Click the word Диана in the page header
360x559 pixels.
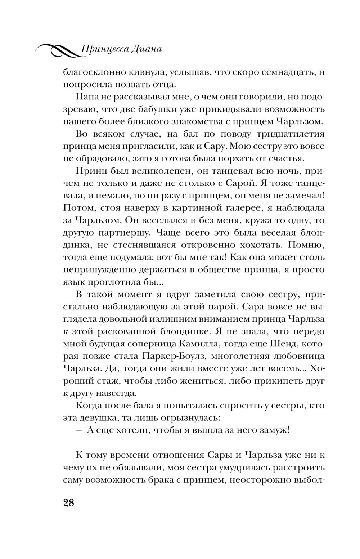[146, 50]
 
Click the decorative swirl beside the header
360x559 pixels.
[58, 51]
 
